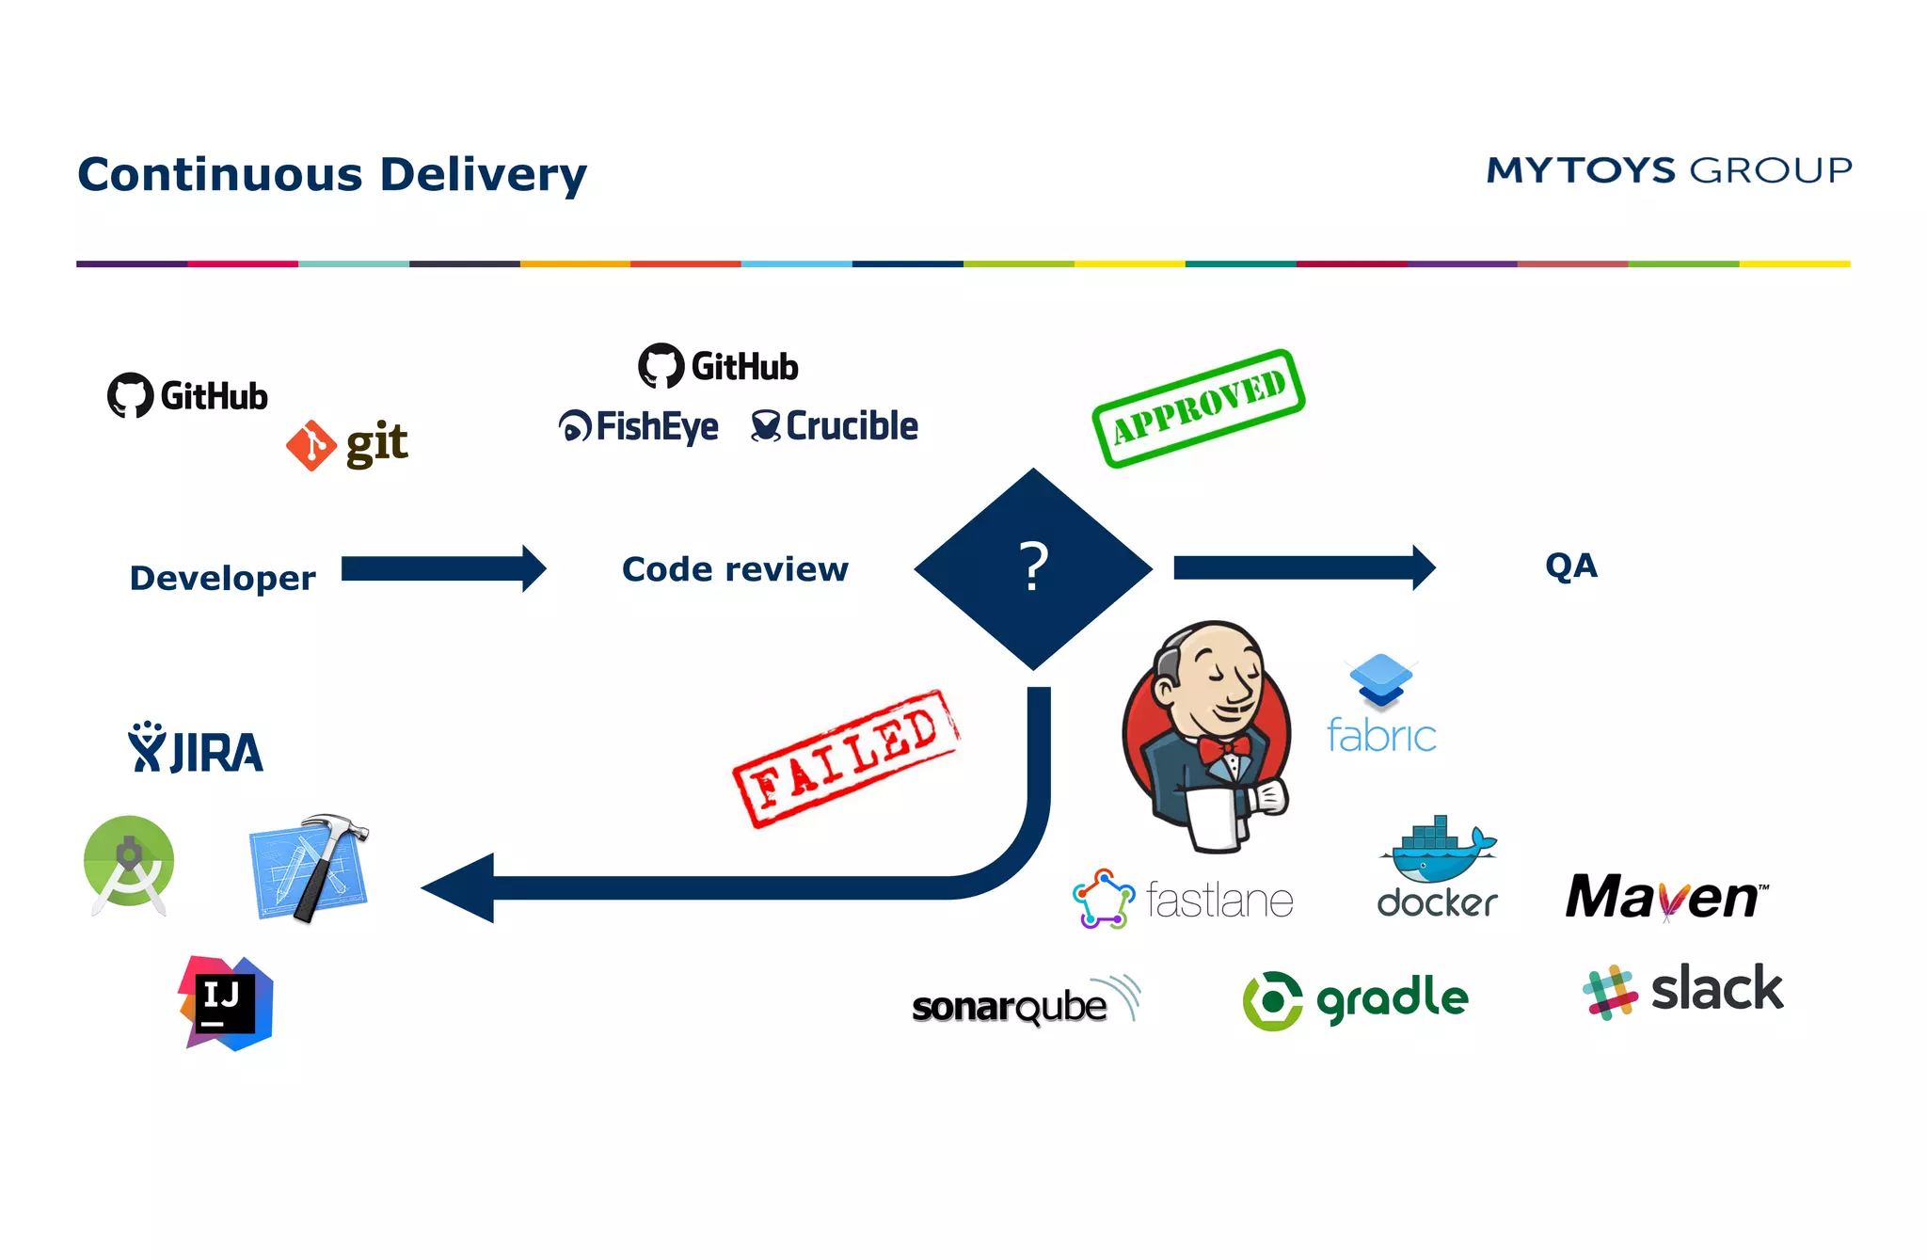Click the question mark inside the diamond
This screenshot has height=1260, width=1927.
(x=1033, y=566)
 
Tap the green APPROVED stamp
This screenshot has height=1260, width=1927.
(x=1198, y=407)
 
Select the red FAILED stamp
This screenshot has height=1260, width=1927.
(x=845, y=758)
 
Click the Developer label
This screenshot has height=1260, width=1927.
(x=222, y=578)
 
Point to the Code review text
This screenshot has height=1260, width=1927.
(x=735, y=569)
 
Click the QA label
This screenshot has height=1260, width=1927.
(x=1570, y=566)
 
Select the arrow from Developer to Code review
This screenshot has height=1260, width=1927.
(x=442, y=568)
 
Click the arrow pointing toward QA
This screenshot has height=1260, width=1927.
(x=1303, y=567)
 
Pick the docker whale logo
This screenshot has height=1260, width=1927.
(x=1438, y=847)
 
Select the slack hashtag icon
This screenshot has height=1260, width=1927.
(x=1610, y=992)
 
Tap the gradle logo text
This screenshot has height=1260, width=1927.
(x=1393, y=998)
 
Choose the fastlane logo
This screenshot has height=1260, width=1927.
(x=1184, y=900)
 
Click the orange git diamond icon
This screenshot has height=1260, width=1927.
(x=311, y=445)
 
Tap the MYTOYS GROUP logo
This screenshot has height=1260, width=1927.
(x=1668, y=170)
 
